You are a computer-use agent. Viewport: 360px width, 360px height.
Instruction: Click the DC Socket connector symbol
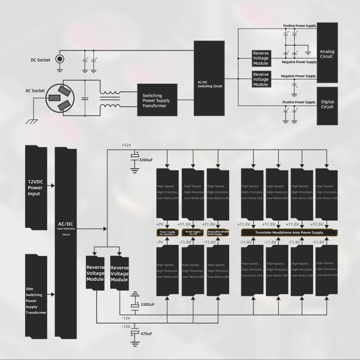point(60,59)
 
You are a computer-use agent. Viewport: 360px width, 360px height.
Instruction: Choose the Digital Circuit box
point(326,104)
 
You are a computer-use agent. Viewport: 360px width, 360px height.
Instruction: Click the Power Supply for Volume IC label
point(167,232)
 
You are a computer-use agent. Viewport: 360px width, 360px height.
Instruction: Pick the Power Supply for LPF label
point(193,232)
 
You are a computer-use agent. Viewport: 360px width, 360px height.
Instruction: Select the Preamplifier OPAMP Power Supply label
point(217,232)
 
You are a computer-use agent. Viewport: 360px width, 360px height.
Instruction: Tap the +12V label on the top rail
point(127,145)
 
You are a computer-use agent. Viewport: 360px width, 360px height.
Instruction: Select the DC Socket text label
point(41,60)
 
